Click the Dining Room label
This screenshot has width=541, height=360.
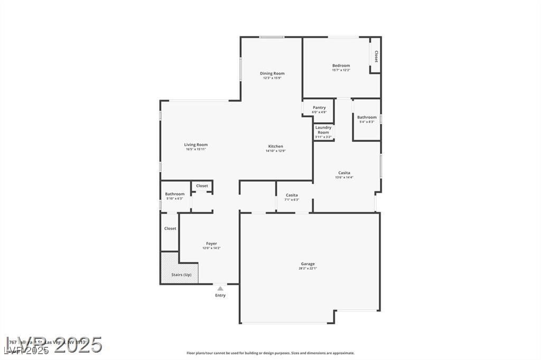272,73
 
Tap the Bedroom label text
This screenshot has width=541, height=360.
341,65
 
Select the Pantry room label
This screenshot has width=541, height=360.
319,108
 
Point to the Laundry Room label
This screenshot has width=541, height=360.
323,129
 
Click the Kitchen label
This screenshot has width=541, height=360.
275,146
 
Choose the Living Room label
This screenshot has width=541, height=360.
195,145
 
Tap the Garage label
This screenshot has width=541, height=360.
308,264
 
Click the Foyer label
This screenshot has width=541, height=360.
211,243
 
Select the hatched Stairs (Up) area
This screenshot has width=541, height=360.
180,269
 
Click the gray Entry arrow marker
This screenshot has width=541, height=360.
220,288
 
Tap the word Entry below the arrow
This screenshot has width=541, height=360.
220,295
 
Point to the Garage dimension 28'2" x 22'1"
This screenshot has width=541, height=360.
308,269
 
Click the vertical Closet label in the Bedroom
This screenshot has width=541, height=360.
376,56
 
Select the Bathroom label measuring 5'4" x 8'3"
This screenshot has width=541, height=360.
367,117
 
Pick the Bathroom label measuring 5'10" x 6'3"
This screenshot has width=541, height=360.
174,194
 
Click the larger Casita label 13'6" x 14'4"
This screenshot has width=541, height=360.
344,173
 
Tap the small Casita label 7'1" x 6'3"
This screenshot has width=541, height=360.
292,195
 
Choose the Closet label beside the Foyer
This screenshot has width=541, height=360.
170,229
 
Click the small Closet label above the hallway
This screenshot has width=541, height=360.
202,186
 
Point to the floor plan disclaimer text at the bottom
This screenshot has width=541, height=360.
270,353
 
